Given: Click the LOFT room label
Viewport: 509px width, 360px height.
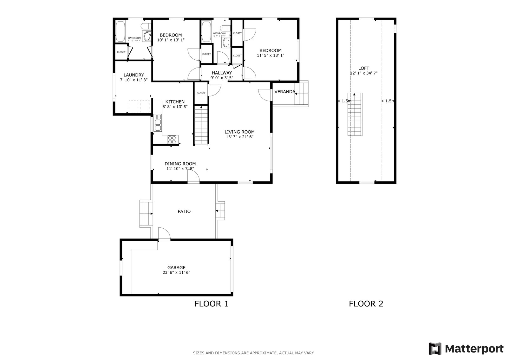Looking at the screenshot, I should (363, 68).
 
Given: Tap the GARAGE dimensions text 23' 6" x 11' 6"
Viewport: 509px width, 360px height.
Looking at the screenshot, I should (176, 272).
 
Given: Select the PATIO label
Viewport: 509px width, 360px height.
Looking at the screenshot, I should (184, 211).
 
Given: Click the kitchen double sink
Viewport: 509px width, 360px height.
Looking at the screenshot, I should (158, 123).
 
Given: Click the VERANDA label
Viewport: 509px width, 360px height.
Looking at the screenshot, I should (284, 92).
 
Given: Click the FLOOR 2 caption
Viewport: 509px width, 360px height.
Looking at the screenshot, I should (366, 304).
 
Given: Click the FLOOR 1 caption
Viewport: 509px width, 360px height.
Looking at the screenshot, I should (211, 304).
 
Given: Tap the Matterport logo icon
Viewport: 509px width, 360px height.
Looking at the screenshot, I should (435, 349).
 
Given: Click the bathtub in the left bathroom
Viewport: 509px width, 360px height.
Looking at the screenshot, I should (120, 31).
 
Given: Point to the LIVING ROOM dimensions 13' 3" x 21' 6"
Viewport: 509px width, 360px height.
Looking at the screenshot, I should (239, 137).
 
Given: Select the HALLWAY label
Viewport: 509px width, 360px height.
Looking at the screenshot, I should (222, 73).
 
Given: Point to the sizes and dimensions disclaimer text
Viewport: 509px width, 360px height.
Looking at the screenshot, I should (254, 353).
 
